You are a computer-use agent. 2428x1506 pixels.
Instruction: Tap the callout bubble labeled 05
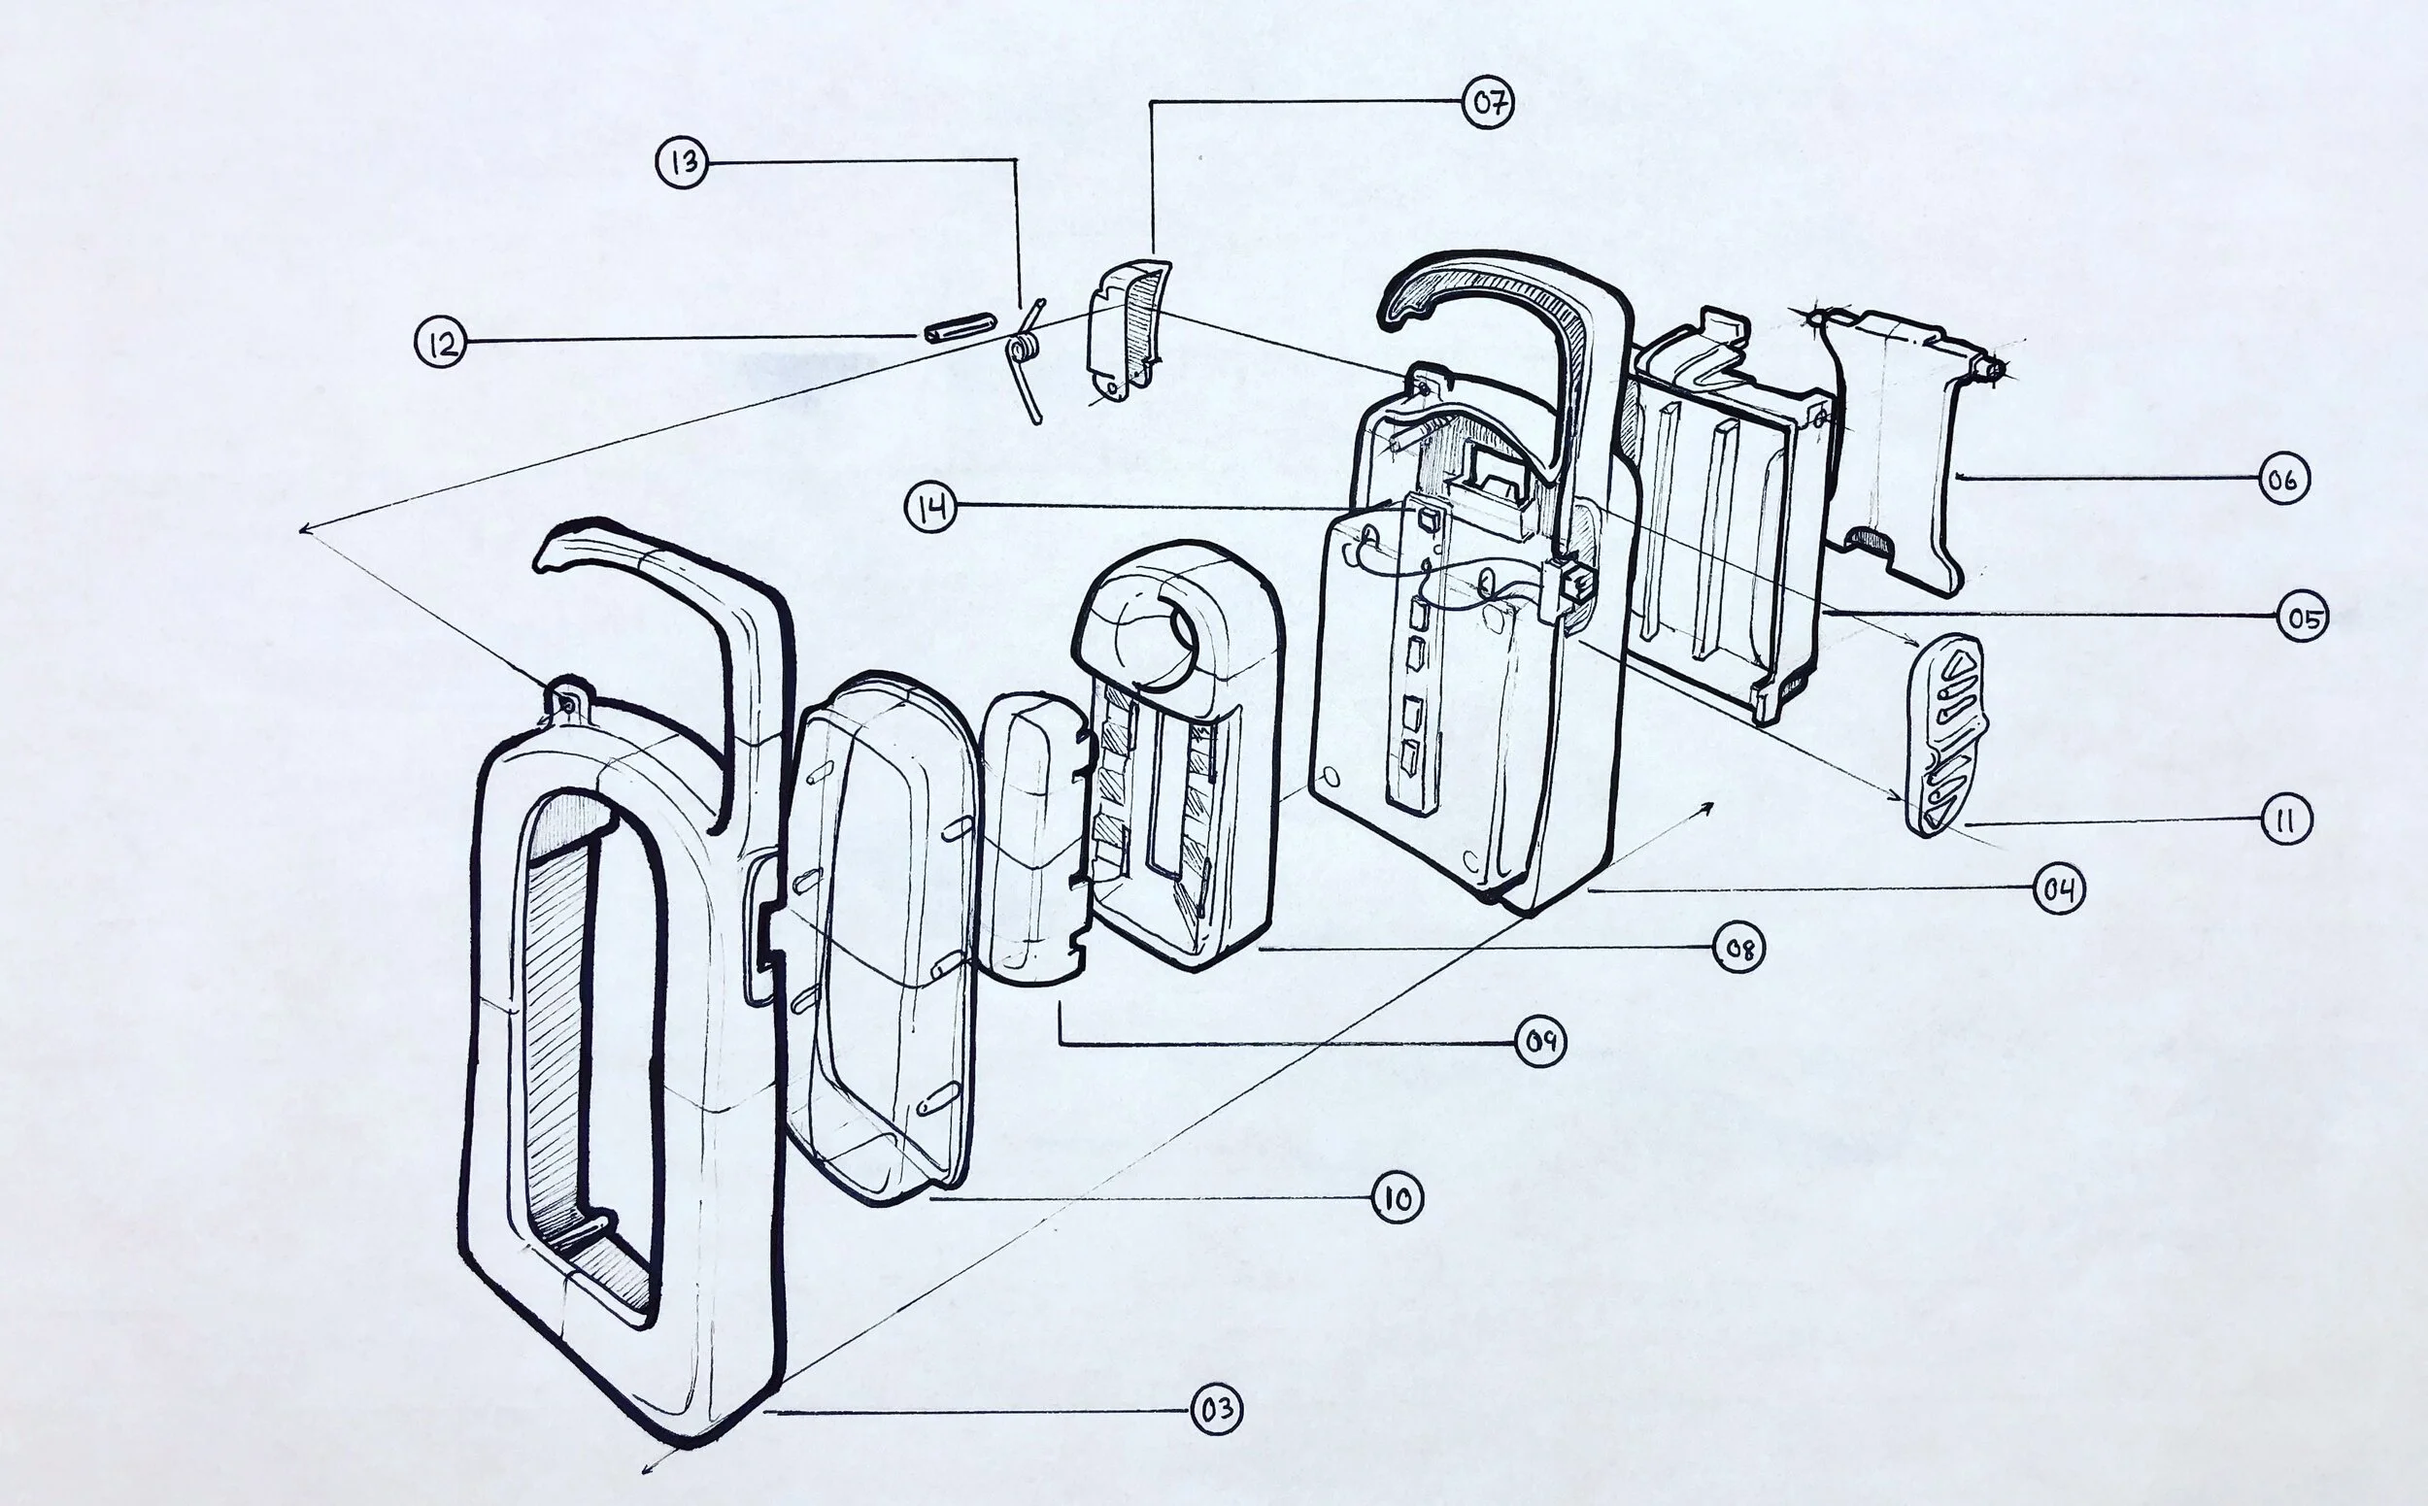pos(2304,618)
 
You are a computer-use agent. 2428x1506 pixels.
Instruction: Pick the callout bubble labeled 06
pos(2282,480)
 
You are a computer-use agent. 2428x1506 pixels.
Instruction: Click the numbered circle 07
pos(1488,104)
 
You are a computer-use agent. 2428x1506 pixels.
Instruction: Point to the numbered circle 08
pos(1738,949)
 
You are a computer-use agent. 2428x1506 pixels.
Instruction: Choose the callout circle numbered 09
pos(1540,1042)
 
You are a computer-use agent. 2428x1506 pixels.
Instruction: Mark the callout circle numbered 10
pos(1397,1199)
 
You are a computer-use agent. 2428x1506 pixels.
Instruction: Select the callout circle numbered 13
pos(683,162)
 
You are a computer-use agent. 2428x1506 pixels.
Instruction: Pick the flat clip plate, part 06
pos(1893,449)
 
